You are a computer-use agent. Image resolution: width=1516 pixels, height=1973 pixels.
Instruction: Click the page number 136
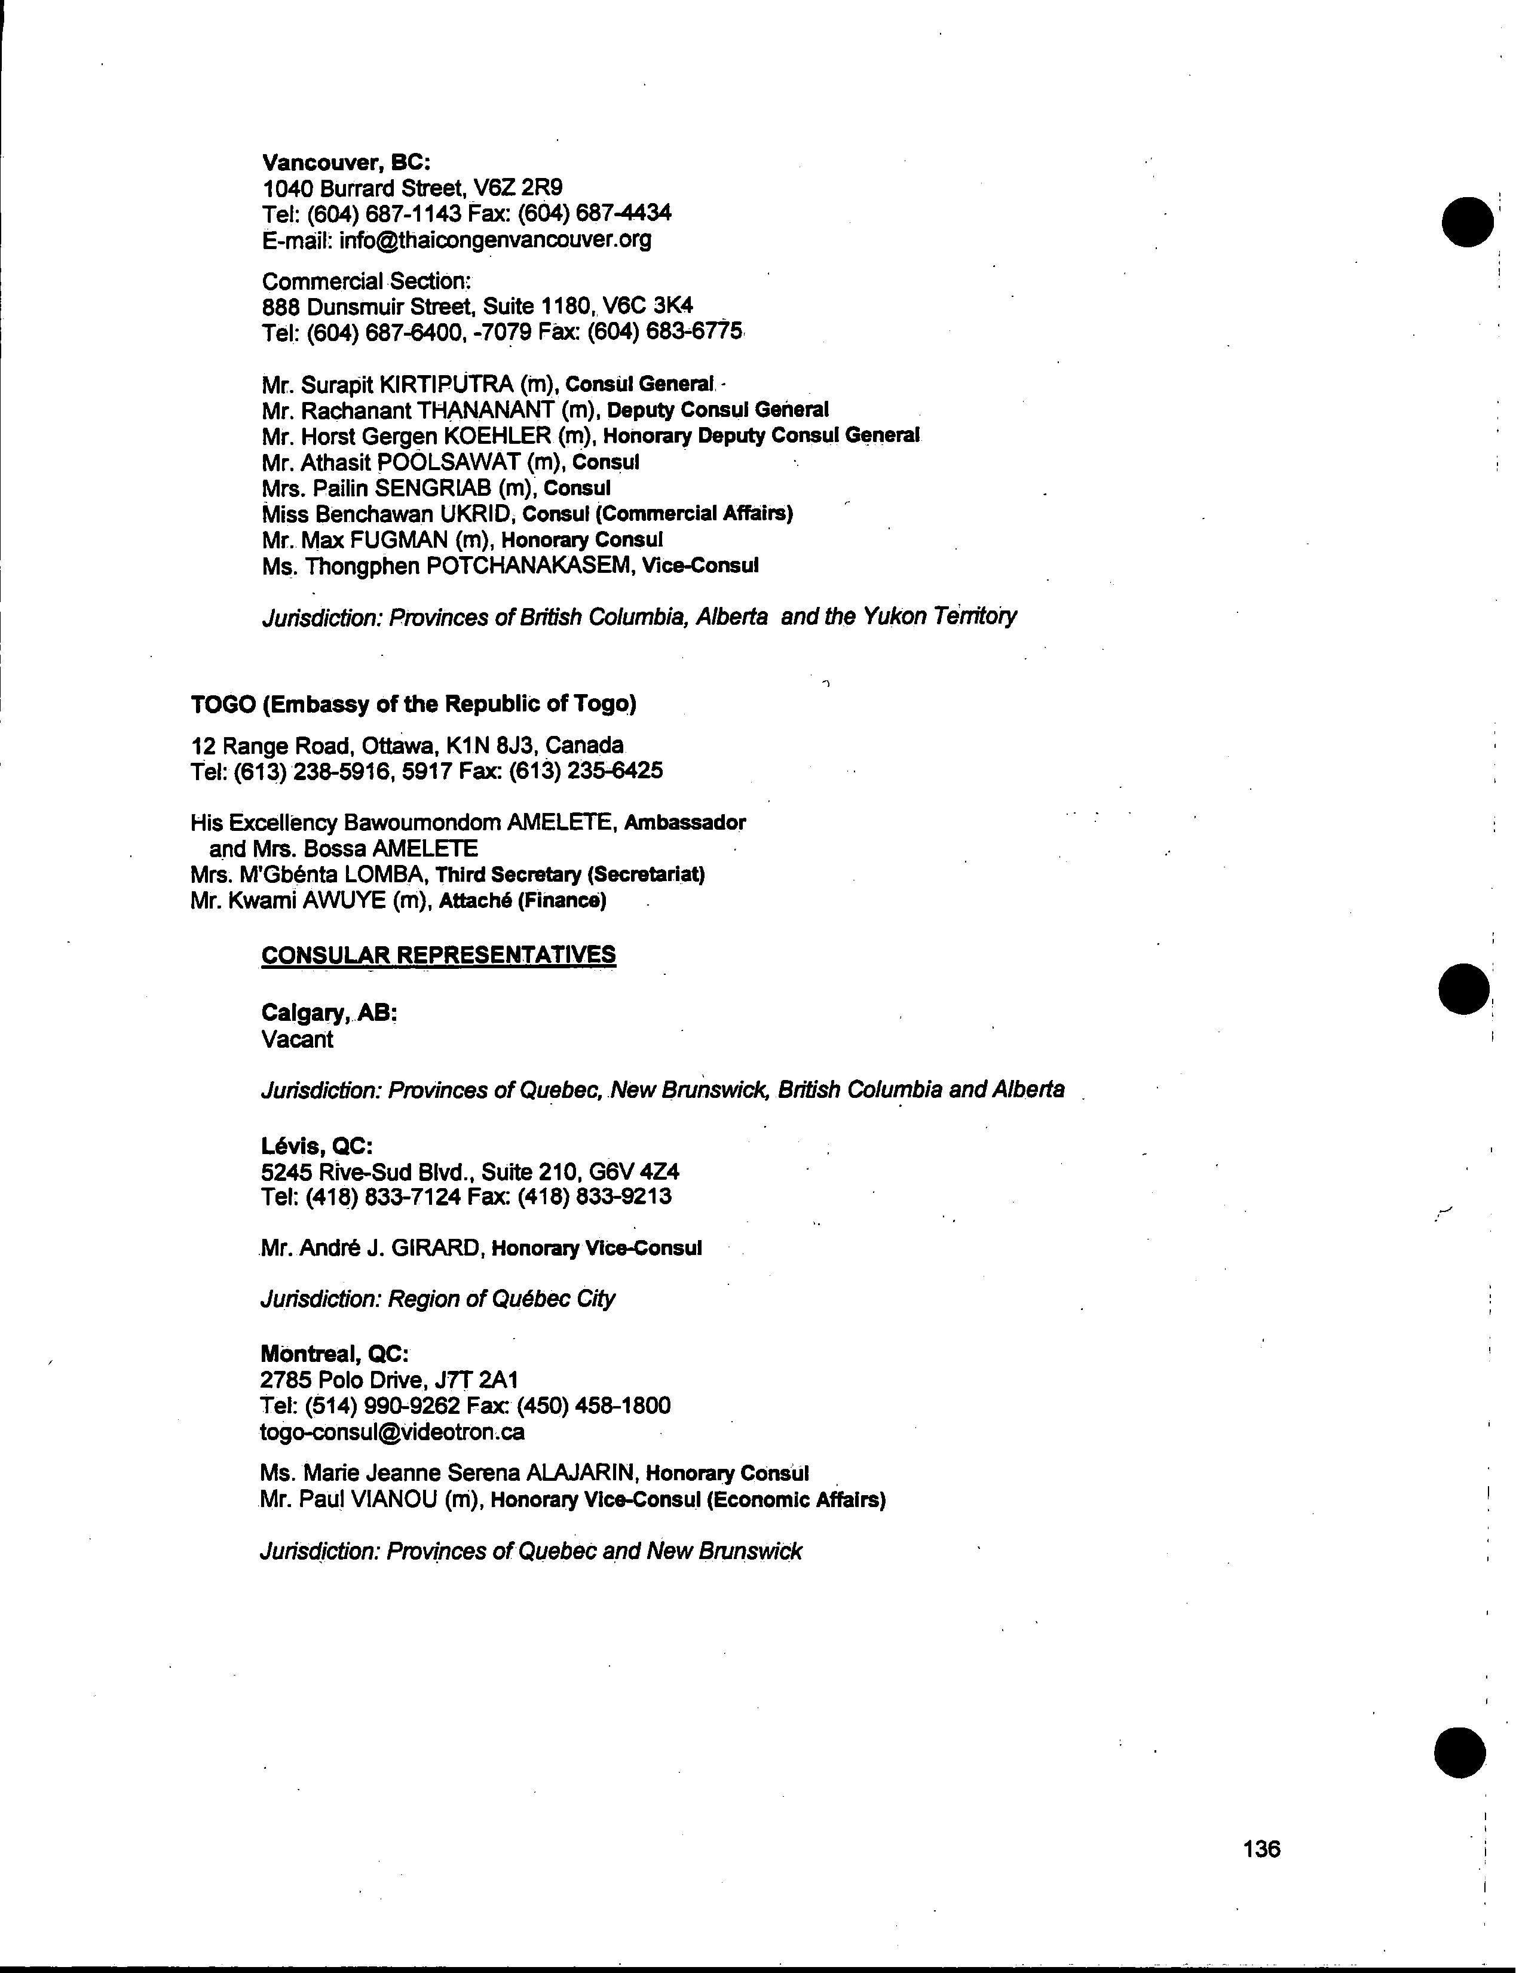coord(1261,1849)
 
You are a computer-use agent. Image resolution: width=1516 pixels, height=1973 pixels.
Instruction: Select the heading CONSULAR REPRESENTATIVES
coord(439,955)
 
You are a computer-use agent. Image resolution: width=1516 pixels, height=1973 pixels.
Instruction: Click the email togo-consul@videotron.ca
coord(393,1432)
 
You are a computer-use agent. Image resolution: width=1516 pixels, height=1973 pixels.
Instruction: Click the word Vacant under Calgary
coord(297,1039)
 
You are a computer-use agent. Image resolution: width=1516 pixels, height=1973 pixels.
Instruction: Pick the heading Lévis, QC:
coord(316,1146)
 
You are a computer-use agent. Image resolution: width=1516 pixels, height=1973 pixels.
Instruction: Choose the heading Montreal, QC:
coord(335,1354)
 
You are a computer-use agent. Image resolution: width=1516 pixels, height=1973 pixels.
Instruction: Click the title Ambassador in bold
coord(685,823)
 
